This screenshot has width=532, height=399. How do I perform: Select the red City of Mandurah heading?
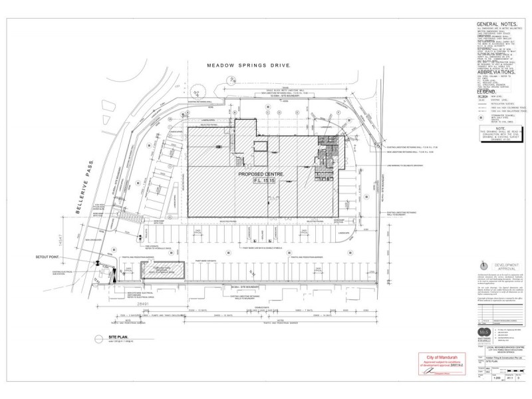pyautogui.click(x=436, y=358)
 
